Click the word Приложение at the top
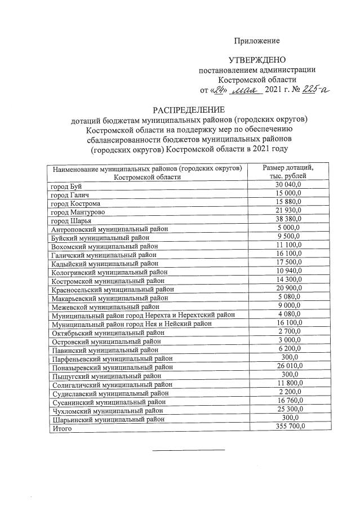coord(257,41)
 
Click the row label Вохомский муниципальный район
coord(105,246)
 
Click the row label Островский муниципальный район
coord(105,341)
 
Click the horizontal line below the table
coord(189,450)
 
